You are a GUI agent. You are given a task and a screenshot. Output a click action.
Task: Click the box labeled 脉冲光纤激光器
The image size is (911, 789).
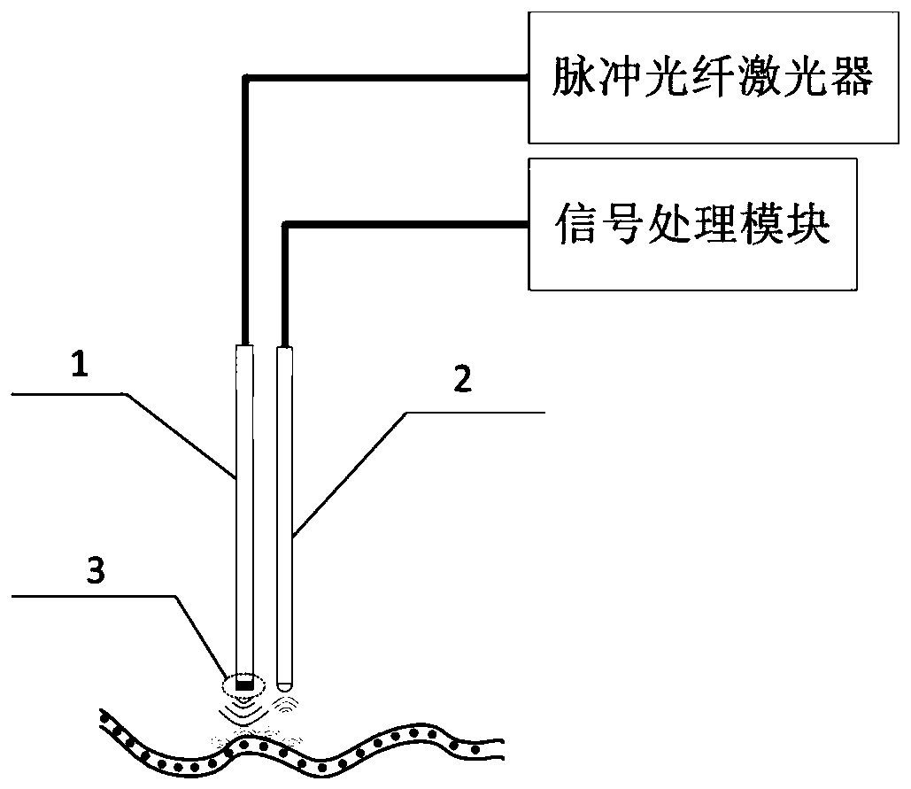coord(712,77)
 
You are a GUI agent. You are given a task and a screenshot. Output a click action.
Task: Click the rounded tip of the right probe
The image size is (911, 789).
coord(283,684)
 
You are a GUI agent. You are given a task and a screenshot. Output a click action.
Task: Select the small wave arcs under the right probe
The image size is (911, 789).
coord(285,703)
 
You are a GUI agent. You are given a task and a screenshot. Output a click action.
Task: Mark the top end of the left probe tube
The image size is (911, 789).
coord(245,348)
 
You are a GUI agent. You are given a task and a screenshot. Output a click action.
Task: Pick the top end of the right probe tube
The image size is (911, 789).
coord(284,349)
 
